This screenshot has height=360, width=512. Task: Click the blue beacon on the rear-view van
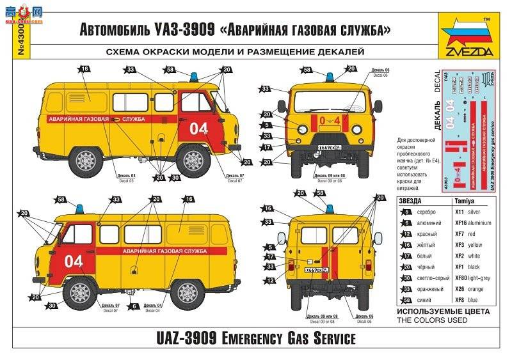330,208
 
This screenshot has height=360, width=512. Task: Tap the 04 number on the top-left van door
199,129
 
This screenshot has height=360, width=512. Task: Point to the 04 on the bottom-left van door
74,261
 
